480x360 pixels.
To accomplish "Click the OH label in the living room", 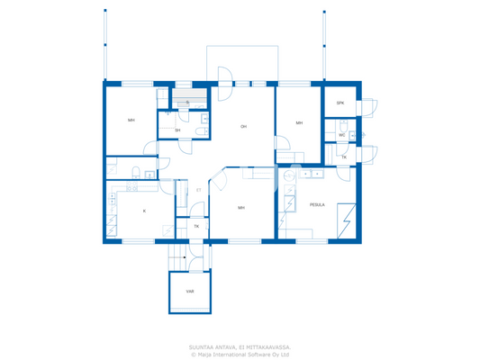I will pos(243,127).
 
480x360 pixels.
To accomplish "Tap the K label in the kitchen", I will pos(143,211).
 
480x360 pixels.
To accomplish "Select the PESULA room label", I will pos(317,204).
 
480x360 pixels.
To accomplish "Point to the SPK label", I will pos(340,103).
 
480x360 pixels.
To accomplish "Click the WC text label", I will pos(341,135).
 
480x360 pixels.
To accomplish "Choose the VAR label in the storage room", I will pos(190,292).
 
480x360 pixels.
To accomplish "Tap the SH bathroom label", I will pos(177,130).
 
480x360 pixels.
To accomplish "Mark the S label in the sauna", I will pos(187,103).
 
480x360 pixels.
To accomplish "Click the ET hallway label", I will pos(199,190).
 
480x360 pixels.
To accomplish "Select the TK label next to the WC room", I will pos(343,157).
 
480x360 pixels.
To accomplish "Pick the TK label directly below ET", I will pos(196,226).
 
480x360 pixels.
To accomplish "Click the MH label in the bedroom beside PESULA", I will pos(241,207).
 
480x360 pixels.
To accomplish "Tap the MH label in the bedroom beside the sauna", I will pos(131,120).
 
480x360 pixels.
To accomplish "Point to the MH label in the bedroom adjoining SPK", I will pos(299,122).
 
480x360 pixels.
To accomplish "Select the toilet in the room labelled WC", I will pos(353,135).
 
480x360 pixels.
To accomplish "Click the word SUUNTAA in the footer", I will pos(201,346).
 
